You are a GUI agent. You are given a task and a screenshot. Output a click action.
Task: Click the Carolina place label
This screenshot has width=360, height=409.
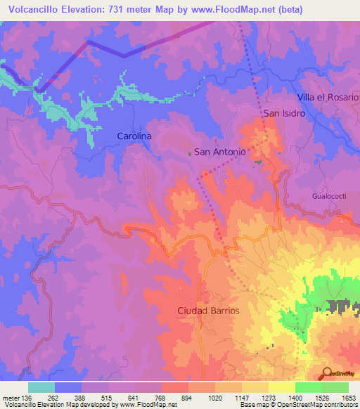coord(134,136)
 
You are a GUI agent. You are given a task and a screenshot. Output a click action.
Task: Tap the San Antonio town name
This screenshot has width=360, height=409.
coord(219,151)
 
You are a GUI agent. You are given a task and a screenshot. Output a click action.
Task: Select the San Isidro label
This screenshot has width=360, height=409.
coord(285,112)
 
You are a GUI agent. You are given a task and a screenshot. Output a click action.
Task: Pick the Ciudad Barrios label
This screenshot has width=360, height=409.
coord(208,310)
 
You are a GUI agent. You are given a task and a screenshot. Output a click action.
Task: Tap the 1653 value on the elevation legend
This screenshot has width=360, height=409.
coord(348,398)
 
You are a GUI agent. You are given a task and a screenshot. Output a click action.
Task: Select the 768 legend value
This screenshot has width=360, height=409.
coord(161,398)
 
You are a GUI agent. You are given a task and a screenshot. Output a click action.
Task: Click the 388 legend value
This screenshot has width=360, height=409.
coord(81,398)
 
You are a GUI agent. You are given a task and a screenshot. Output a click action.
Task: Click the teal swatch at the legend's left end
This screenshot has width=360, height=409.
coord(41,387)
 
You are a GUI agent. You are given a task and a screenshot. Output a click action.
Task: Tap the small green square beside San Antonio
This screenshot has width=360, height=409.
coord(188,152)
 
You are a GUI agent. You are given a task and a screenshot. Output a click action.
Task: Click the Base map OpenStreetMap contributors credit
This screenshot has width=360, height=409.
coord(299,405)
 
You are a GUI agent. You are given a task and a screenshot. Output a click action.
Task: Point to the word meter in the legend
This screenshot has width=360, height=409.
coord(11,398)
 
